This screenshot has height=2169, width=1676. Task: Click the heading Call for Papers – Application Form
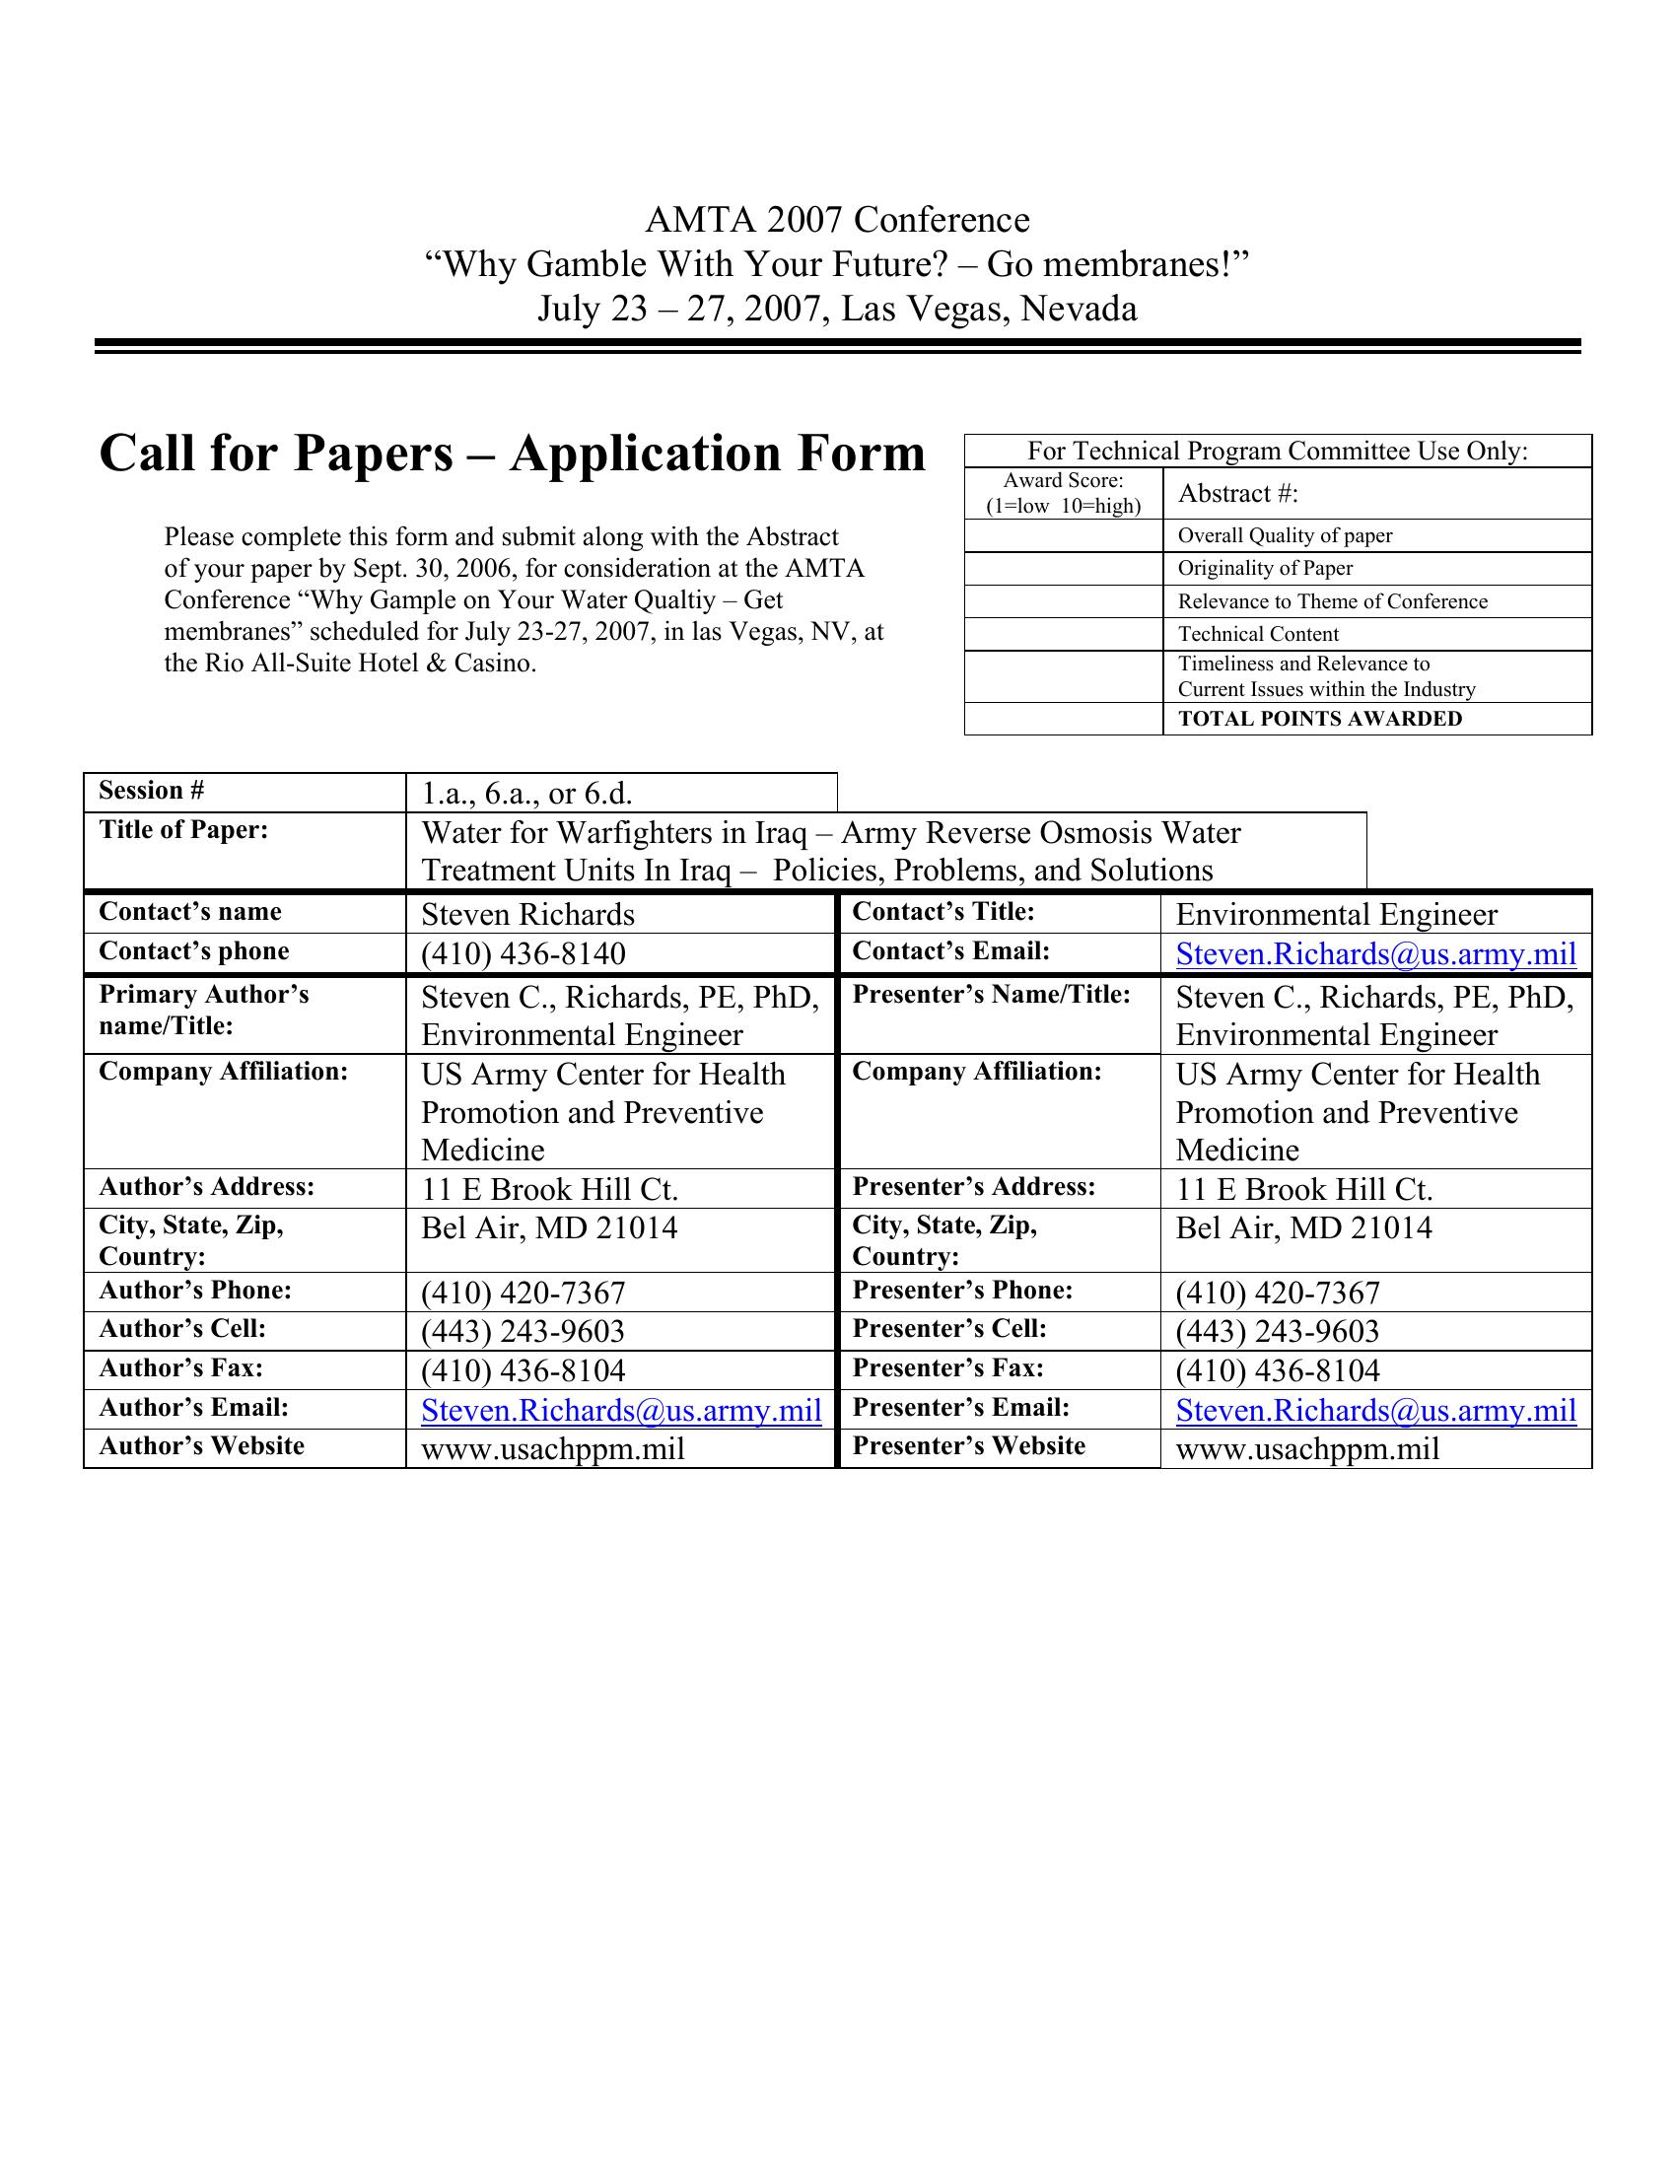tap(513, 454)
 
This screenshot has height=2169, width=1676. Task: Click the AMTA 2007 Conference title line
tap(837, 220)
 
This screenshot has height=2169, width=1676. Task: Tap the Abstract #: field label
tap(1237, 494)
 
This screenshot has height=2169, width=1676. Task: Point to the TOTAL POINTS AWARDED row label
tap(1319, 719)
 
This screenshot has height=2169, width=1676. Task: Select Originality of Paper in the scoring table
tap(1265, 568)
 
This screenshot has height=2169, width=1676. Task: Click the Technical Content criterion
tap(1258, 634)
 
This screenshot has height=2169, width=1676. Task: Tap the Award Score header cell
tap(1063, 493)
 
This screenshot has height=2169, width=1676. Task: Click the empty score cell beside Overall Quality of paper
tap(1063, 535)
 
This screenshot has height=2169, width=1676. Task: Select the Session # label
tap(151, 791)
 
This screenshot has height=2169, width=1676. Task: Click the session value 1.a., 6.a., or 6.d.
tap(527, 794)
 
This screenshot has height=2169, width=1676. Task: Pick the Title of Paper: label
tap(183, 830)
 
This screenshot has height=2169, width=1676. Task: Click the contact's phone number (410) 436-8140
tap(524, 953)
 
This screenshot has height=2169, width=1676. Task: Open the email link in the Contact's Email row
tap(1375, 953)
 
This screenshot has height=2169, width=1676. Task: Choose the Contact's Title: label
tap(943, 912)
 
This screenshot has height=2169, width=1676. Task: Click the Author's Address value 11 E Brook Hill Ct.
tap(549, 1189)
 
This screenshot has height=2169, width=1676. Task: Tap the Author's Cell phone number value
tap(524, 1331)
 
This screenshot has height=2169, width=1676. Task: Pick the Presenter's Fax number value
tap(1278, 1370)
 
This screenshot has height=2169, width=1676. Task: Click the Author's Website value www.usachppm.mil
tap(553, 1449)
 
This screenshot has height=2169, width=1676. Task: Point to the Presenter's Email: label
tap(960, 1407)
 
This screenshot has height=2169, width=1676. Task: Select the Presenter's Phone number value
tap(1278, 1293)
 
